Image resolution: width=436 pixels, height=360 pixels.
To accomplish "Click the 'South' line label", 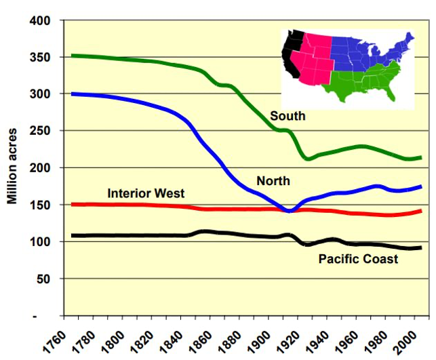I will pyautogui.click(x=288, y=116).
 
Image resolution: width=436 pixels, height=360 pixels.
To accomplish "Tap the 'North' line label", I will pyautogui.click(x=273, y=181).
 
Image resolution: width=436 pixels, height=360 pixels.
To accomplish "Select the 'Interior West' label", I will pyautogui.click(x=146, y=193).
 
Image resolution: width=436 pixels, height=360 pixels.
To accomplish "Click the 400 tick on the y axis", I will pyautogui.click(x=41, y=20).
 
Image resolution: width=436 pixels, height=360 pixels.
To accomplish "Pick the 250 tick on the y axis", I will pyautogui.click(x=41, y=131).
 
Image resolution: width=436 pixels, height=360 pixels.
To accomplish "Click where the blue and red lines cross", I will pyautogui.click(x=290, y=211).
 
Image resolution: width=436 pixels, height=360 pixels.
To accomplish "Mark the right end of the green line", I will pyautogui.click(x=420, y=157).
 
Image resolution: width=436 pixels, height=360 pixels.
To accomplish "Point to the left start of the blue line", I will pyautogui.click(x=73, y=94).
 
